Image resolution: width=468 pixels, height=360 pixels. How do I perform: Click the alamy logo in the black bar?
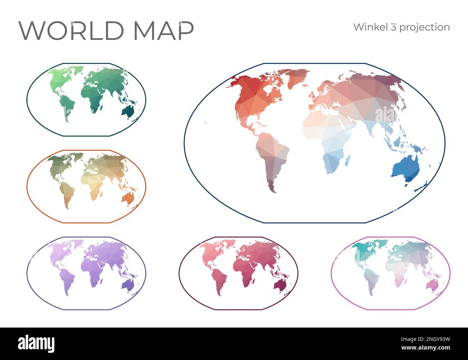coord(36,343)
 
